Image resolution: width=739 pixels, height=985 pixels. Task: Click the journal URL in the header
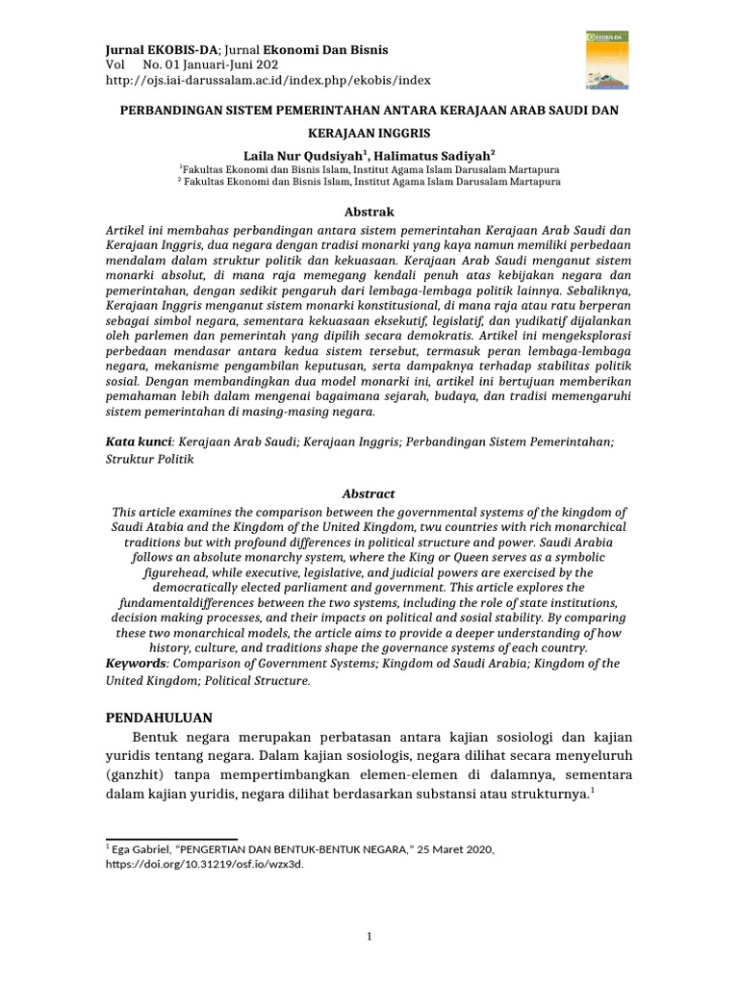click(268, 81)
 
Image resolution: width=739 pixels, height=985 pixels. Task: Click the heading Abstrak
click(369, 212)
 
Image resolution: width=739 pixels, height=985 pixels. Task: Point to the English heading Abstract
click(369, 492)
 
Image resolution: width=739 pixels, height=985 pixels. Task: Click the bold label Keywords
click(136, 664)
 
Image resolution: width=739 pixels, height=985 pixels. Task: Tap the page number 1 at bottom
click(369, 935)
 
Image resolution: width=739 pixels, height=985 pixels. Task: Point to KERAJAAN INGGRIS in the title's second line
click(369, 132)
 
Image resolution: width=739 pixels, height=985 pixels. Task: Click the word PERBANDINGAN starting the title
click(174, 111)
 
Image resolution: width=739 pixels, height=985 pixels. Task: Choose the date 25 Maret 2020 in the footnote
click(447, 849)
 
